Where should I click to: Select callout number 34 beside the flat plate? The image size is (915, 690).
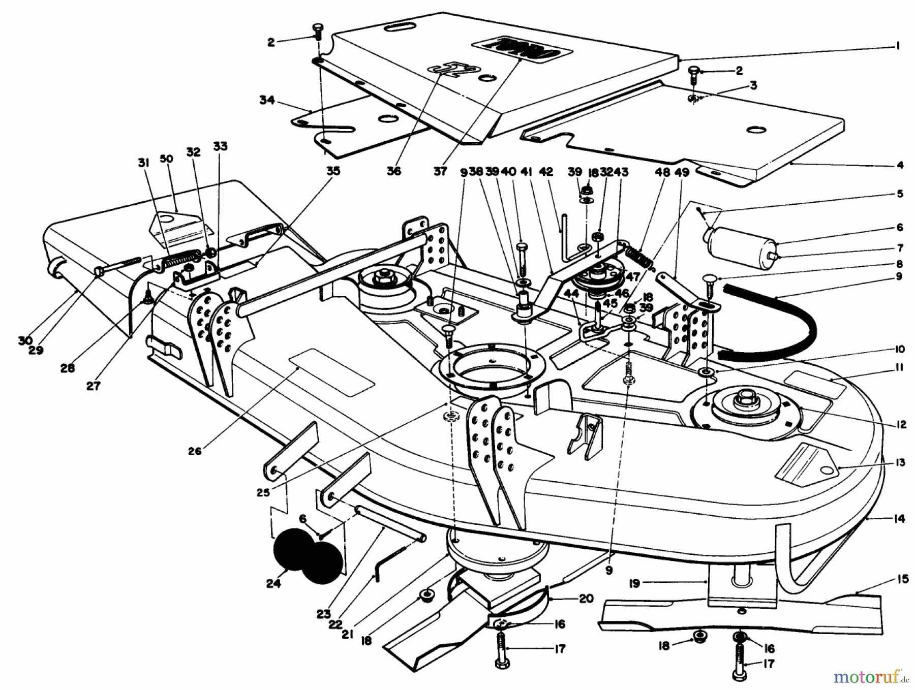pyautogui.click(x=267, y=100)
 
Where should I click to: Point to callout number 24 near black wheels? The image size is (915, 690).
pyautogui.click(x=273, y=584)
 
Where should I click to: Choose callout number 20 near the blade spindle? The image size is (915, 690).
pyautogui.click(x=586, y=599)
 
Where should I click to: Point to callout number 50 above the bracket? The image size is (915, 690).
pyautogui.click(x=166, y=159)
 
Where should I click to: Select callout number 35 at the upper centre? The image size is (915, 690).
pyautogui.click(x=333, y=171)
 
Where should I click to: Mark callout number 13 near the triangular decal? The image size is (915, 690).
pyautogui.click(x=901, y=462)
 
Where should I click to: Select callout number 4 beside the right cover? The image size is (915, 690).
pyautogui.click(x=900, y=165)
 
